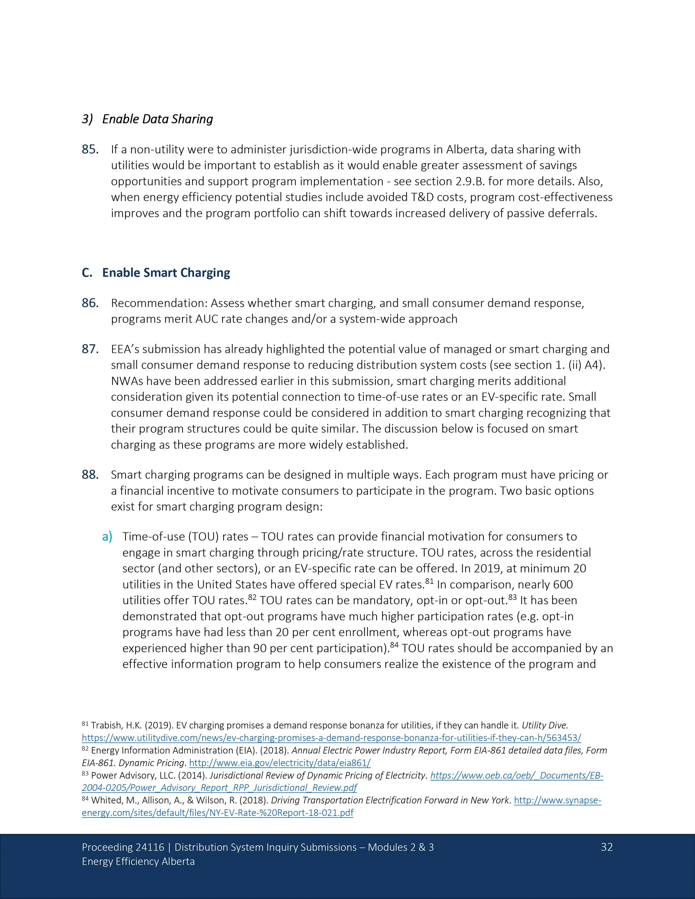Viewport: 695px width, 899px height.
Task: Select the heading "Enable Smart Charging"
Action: pyautogui.click(x=166, y=273)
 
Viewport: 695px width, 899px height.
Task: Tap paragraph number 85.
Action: pyautogui.click(x=90, y=150)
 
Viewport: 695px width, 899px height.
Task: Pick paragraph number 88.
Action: pyautogui.click(x=90, y=475)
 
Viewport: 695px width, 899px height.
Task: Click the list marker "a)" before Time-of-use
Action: pyautogui.click(x=107, y=537)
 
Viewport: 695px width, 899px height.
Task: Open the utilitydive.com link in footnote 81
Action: pyautogui.click(x=331, y=738)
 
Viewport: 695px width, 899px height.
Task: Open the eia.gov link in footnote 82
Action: pyautogui.click(x=280, y=763)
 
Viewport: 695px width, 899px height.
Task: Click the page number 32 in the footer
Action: pyautogui.click(x=607, y=847)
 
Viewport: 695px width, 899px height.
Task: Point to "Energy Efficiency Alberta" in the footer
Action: pyautogui.click(x=138, y=861)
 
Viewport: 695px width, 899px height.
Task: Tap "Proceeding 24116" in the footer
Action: pyautogui.click(x=123, y=847)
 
